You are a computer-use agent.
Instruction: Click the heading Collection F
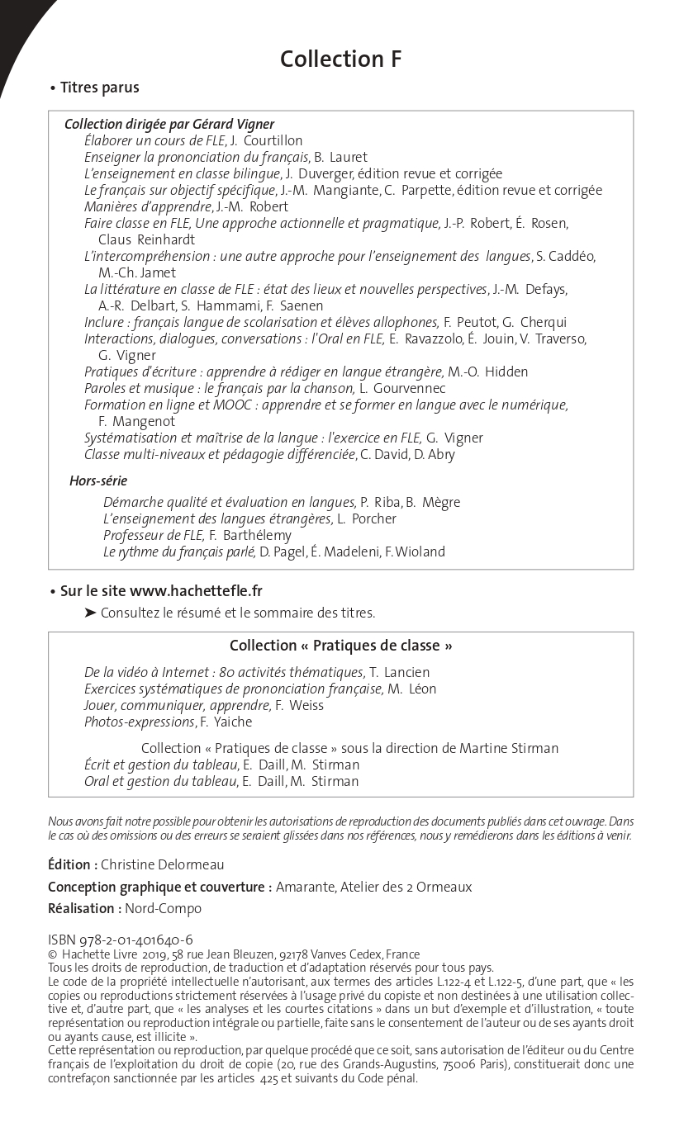(x=340, y=59)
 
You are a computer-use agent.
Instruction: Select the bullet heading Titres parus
(x=99, y=88)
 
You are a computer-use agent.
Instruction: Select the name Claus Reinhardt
(x=147, y=240)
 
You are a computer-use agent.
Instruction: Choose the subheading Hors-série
(x=98, y=481)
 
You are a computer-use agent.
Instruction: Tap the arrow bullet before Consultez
(x=90, y=613)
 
